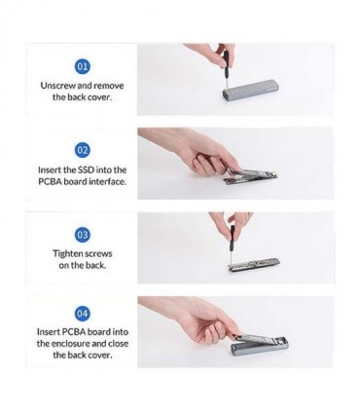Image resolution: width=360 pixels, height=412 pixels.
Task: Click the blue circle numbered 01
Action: tap(83, 66)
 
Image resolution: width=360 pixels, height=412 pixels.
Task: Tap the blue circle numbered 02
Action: tap(83, 150)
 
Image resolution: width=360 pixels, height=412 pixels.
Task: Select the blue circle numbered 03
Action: tap(83, 235)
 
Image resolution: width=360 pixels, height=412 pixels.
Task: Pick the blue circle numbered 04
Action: tap(83, 314)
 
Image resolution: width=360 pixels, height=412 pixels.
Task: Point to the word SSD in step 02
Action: tap(86, 169)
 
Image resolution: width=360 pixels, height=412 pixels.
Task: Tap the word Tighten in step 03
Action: tap(68, 253)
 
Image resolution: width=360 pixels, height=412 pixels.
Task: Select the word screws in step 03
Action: tap(99, 254)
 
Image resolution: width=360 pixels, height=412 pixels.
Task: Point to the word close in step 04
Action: tap(118, 344)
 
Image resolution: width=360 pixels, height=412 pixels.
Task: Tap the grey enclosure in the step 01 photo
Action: tap(250, 88)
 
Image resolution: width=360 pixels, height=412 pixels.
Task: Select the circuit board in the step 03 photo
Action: tap(254, 264)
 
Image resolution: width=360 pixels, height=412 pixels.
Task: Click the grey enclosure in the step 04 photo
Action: tap(260, 346)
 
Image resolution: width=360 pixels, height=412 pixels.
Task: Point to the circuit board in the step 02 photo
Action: tap(251, 177)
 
